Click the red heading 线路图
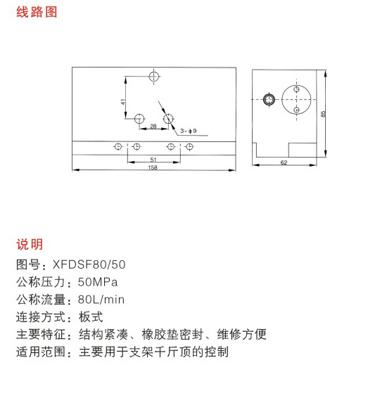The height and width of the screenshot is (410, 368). pos(37,12)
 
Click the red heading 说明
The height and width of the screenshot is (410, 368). pos(30,244)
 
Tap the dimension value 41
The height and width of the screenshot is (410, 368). pos(123,102)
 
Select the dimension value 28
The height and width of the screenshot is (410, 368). pos(153,127)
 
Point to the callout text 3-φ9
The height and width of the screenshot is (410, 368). pos(189,131)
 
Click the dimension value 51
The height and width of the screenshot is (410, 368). pos(153,159)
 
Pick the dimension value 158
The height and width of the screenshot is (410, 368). pos(153,167)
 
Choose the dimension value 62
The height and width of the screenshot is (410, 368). pos(284,162)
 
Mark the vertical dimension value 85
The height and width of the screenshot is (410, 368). pos(323,114)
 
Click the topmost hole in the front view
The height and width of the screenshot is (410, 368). pos(154,77)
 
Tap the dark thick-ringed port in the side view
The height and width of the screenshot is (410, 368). pos(269,100)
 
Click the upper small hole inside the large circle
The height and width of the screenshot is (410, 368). pos(296,89)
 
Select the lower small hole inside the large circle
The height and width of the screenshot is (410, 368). pos(296,110)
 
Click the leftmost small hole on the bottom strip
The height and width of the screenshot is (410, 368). pos(118,146)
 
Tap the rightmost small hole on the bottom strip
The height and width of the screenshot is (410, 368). pos(189,146)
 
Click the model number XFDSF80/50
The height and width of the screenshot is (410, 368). pos(89,264)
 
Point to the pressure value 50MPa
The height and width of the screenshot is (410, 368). pos(98,282)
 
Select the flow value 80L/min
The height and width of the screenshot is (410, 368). pos(101,300)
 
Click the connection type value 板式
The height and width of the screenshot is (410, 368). pos(91,317)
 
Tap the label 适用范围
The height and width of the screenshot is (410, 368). pos(41,352)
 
